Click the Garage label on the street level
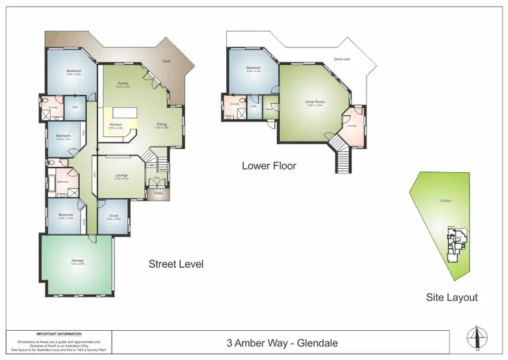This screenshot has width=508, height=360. click(78, 260)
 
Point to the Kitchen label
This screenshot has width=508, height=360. click(116, 125)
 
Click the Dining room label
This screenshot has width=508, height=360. click(161, 125)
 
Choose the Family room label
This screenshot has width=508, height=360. click(123, 83)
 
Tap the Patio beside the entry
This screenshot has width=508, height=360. click(158, 193)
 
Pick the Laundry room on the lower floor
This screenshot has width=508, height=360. click(352, 125)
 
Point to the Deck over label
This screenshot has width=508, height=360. click(342, 59)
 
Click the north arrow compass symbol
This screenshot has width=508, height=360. click(477, 336)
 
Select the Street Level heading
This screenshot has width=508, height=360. click(175, 264)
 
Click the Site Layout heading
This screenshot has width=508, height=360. click(452, 297)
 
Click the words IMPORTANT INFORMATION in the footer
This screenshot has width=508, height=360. click(59, 334)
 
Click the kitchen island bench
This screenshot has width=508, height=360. click(124, 112)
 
